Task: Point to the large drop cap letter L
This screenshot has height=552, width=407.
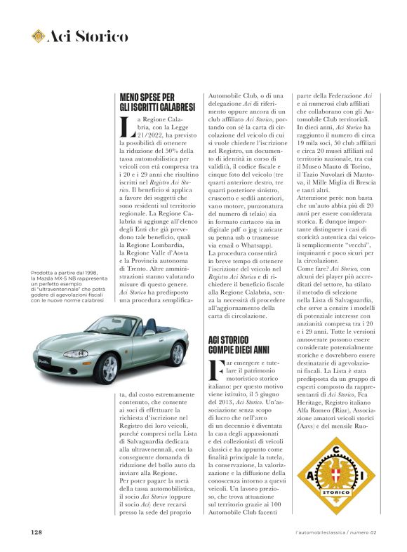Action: pyautogui.click(x=126, y=129)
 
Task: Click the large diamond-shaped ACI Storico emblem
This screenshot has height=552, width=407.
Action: pyautogui.click(x=338, y=477)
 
